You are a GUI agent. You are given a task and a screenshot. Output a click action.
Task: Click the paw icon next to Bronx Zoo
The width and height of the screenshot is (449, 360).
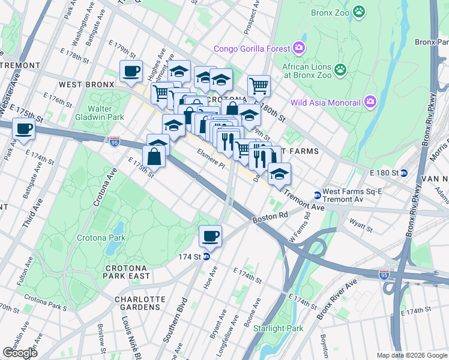[359, 11]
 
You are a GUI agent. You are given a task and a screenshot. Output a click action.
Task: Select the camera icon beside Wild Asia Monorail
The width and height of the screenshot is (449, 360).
[370, 102]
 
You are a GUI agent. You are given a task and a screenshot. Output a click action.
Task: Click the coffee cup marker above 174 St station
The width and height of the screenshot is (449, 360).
[210, 235]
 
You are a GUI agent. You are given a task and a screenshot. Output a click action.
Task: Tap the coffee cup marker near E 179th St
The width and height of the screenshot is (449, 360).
[131, 71]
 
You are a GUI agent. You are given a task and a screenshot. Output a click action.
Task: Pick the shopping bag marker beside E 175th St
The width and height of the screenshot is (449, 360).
[154, 157]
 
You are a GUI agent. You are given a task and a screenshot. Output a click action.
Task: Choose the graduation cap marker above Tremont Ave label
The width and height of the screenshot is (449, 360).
[279, 173]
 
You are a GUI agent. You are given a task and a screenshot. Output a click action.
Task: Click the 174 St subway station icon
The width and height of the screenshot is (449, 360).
[206, 256]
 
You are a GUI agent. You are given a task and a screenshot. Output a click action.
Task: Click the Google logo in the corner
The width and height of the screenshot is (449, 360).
[20, 352]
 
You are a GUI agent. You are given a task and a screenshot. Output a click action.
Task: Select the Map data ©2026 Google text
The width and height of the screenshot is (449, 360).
[411, 355]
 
